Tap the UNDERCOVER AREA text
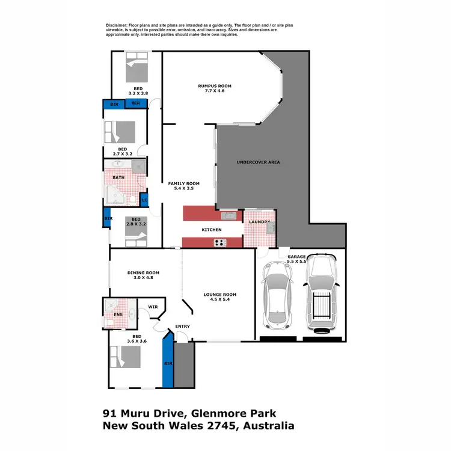click(x=258, y=162)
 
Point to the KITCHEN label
click(x=212, y=230)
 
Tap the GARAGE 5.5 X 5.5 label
click(x=296, y=259)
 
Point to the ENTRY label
click(x=182, y=327)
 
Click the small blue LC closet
click(x=144, y=200)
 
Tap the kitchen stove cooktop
click(x=220, y=243)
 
